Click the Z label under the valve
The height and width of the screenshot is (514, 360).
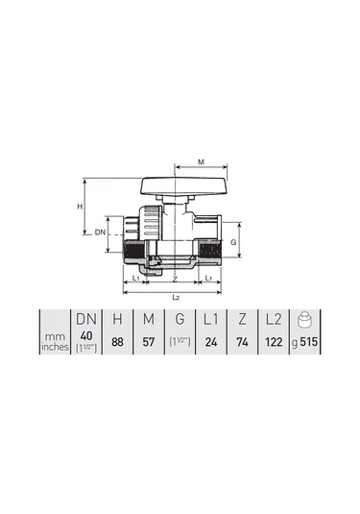(174, 278)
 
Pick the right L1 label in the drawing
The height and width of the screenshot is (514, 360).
(209, 278)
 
